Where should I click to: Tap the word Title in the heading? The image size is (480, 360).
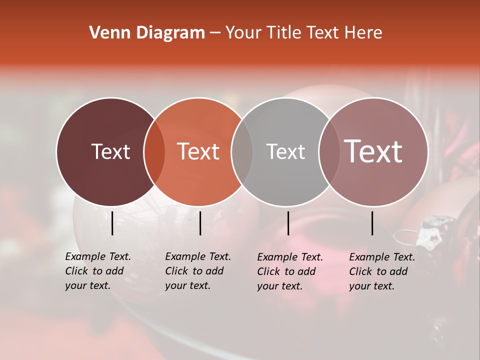click(287, 33)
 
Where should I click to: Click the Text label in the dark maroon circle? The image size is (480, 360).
click(110, 151)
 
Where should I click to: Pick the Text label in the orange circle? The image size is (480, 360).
click(198, 151)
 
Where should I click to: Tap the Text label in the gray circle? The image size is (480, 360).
click(285, 151)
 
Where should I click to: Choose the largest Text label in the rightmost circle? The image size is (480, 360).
click(373, 151)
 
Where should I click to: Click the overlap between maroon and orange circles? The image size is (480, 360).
click(154, 152)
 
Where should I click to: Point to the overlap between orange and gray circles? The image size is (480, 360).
click(242, 152)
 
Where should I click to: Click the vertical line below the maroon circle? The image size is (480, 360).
click(112, 223)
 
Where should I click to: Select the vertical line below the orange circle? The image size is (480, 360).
click(200, 223)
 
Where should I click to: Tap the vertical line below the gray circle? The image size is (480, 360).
click(288, 223)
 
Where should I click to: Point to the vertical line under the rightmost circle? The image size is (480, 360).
click(372, 223)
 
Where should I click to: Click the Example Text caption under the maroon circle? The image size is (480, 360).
click(97, 271)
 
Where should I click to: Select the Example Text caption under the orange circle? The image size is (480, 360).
click(197, 271)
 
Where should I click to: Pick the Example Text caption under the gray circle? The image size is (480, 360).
click(289, 271)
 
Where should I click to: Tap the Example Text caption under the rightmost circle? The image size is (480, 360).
click(381, 271)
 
